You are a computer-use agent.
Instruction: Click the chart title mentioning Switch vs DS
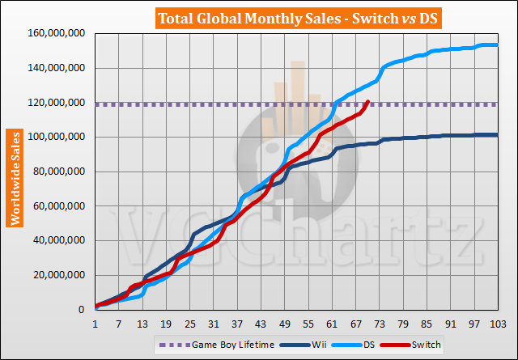[x=259, y=16]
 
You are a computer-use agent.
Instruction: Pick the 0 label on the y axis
[x=84, y=310]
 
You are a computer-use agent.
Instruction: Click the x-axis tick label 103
[x=497, y=324]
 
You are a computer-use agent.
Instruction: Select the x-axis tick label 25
[x=189, y=324]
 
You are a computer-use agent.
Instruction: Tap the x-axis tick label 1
[x=96, y=324]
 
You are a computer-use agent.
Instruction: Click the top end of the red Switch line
[x=368, y=101]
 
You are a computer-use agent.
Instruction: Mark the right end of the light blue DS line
[x=496, y=45]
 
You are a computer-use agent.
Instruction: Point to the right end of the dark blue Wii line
[x=496, y=135]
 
